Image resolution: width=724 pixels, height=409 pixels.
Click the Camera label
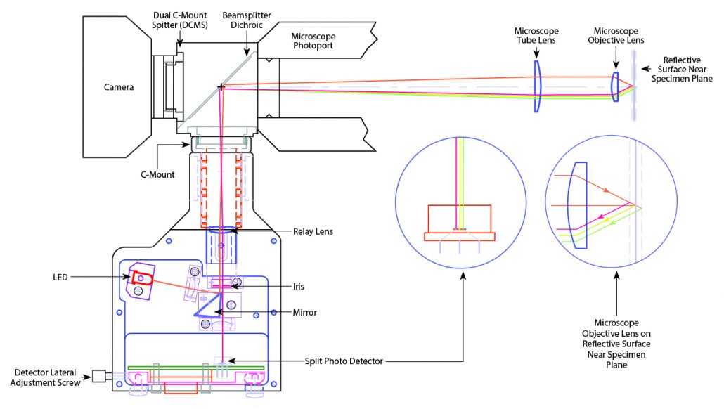[x=119, y=87]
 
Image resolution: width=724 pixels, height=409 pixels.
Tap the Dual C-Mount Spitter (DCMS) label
[x=180, y=20]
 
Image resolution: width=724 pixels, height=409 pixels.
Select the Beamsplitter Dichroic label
[x=246, y=20]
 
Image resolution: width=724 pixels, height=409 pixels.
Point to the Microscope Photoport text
[x=313, y=41]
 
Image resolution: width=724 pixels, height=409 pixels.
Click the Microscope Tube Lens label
[x=536, y=36]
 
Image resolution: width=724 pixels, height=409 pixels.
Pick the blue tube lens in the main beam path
[x=537, y=86]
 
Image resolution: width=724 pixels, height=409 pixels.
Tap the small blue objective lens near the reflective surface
[x=614, y=86]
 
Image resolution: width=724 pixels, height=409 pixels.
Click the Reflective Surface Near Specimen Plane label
[x=682, y=70]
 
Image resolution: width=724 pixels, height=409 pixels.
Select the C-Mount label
[x=157, y=174]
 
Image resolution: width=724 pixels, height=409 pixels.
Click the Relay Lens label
[x=313, y=231]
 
